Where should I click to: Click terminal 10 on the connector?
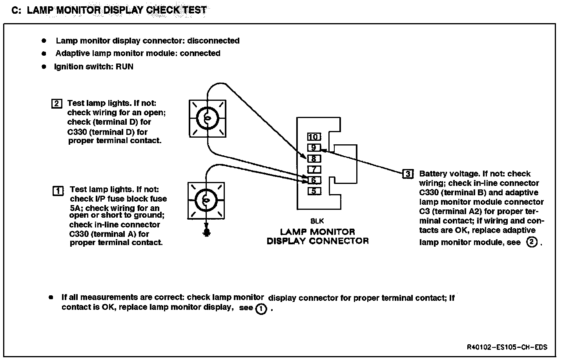click(x=314, y=137)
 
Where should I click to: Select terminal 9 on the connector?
click(x=314, y=148)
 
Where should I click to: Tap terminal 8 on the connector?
click(x=314, y=159)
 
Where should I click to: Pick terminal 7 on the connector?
click(x=314, y=170)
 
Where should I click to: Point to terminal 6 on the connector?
click(x=314, y=180)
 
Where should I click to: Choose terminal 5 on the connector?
click(x=314, y=191)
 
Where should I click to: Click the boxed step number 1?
click(x=57, y=191)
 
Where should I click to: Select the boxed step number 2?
click(x=56, y=104)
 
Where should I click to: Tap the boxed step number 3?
click(x=408, y=174)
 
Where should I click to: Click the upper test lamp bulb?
click(x=208, y=118)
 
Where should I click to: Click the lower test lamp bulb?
click(x=206, y=200)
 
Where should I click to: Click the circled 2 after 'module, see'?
click(x=532, y=242)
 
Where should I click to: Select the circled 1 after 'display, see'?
click(x=261, y=309)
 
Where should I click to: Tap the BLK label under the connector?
click(x=317, y=221)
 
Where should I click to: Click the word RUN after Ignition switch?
click(x=124, y=67)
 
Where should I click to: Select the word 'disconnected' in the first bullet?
click(x=213, y=41)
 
